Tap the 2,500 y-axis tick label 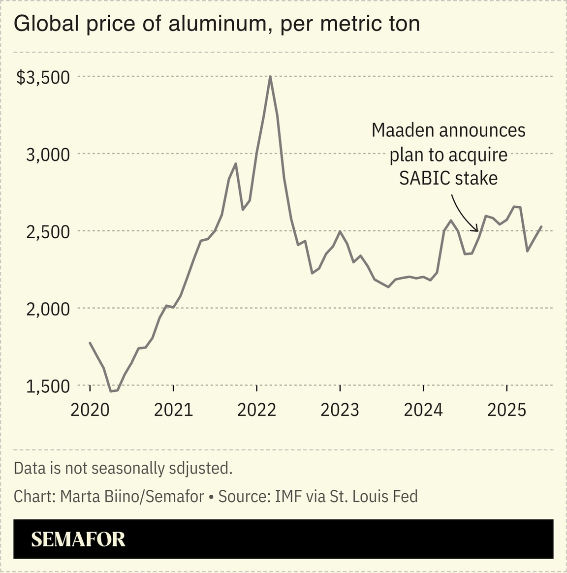(48, 231)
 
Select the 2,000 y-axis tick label (48, 309)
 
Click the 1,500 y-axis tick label (48, 386)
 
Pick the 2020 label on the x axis (90, 410)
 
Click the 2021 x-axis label (173, 410)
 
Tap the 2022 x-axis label (256, 410)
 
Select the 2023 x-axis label (340, 410)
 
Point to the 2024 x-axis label (423, 410)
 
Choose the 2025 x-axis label (506, 410)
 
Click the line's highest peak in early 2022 (270, 77)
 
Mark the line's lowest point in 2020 (111, 391)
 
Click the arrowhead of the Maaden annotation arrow (476, 230)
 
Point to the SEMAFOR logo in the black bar (78, 540)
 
